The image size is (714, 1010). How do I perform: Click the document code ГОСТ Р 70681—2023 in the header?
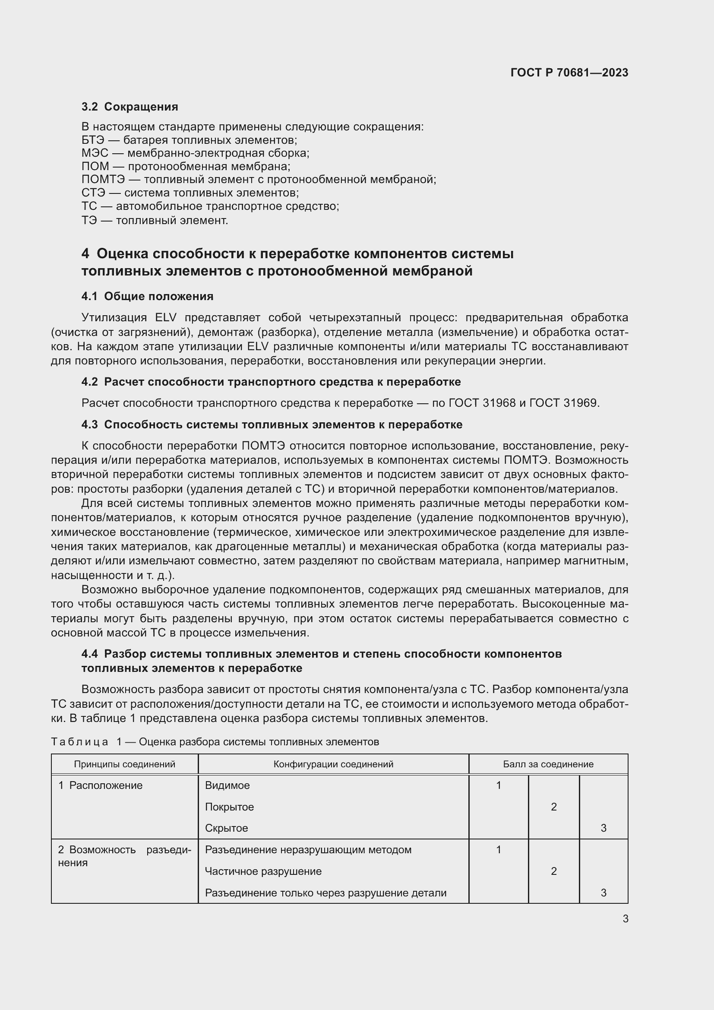[569, 73]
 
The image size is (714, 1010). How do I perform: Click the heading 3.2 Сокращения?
[130, 107]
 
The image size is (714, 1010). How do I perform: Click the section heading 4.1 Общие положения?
[147, 297]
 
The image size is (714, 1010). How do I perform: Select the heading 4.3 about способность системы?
[272, 424]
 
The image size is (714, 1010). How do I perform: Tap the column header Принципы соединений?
[124, 764]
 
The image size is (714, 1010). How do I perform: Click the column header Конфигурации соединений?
[333, 764]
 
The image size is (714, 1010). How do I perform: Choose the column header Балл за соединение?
[548, 764]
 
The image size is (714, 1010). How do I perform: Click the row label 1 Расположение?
[101, 785]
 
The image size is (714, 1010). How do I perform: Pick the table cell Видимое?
[227, 785]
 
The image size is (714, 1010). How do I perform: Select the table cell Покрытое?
[230, 807]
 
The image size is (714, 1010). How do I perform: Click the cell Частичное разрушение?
[263, 871]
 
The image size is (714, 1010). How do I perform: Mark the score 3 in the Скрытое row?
[603, 828]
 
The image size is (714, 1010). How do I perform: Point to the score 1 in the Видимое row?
[499, 785]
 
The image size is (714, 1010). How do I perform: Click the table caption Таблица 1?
[215, 742]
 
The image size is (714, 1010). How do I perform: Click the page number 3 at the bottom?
[625, 919]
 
